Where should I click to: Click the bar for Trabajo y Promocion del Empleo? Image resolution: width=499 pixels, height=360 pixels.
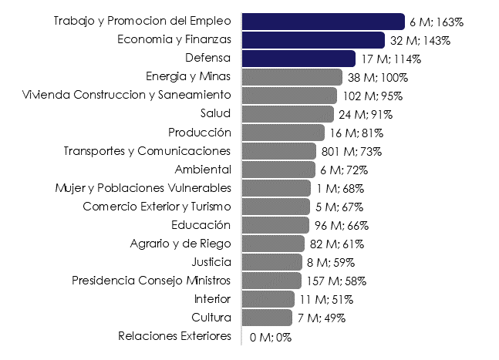click(x=322, y=22)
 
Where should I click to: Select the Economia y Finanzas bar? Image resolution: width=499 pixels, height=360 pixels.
click(x=312, y=40)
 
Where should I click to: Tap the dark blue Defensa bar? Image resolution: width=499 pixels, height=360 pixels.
click(x=298, y=59)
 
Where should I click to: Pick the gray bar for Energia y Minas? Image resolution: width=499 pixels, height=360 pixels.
click(x=292, y=77)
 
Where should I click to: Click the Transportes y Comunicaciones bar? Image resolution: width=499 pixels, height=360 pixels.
click(x=278, y=151)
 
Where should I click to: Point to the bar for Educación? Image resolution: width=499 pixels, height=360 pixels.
click(x=275, y=225)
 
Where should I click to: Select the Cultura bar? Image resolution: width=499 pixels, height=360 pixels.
click(x=267, y=318)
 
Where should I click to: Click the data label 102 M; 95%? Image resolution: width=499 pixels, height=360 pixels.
click(x=373, y=96)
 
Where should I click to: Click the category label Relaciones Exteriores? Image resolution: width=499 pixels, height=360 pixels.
click(x=174, y=336)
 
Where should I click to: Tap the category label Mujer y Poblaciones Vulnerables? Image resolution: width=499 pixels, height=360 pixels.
click(x=143, y=188)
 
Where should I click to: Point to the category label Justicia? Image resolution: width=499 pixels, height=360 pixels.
click(x=211, y=262)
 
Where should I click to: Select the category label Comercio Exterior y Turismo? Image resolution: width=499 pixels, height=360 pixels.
click(x=157, y=207)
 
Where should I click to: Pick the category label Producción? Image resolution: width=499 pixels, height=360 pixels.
click(x=199, y=133)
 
